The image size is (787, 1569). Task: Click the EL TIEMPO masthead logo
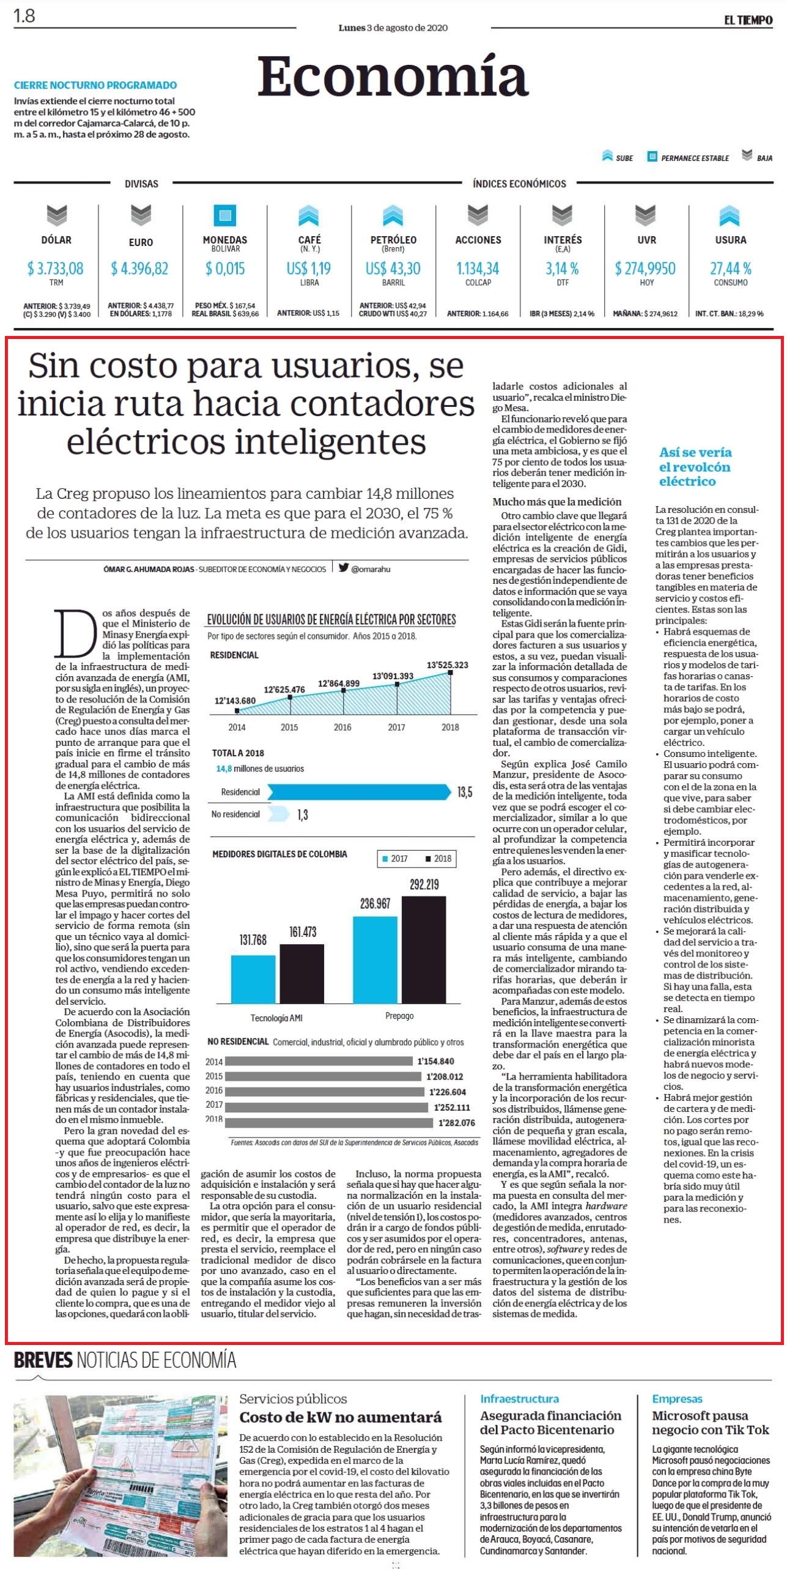coord(748,20)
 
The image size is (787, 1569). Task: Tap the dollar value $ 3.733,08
coord(55,268)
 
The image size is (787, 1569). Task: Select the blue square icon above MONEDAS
coord(225,215)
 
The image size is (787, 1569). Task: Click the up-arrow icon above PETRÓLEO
coord(393,215)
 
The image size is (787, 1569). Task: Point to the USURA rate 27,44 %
coord(730,268)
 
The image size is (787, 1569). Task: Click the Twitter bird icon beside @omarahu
coord(344,567)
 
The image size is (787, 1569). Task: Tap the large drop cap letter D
coord(76,634)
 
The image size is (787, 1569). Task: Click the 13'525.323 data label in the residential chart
coord(448,665)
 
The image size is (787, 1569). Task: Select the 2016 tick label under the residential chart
coord(342,727)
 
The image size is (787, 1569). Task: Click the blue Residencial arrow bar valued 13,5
coord(359,792)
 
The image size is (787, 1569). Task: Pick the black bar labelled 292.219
coord(424,950)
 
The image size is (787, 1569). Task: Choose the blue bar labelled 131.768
coord(253,979)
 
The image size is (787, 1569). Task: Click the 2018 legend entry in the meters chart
coord(438,859)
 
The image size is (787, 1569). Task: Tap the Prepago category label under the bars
coord(399,1015)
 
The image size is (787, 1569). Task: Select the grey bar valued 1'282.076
coord(329,1122)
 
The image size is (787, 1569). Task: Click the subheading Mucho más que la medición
coord(557,501)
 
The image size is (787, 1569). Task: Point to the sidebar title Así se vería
coord(695,452)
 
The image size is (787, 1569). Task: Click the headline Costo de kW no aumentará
coord(340,1417)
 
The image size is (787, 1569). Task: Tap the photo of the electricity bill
coord(120,1476)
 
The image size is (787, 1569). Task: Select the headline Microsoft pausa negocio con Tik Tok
coord(711,1422)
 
